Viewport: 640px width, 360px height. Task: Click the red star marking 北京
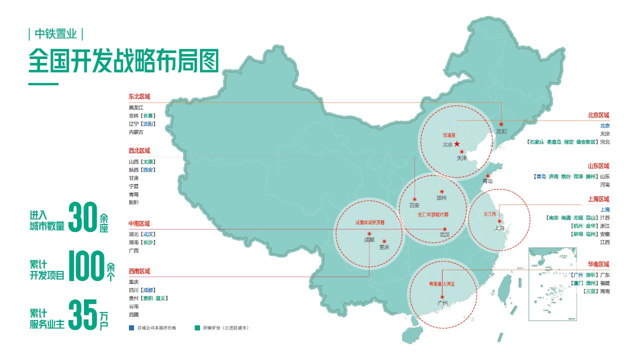pyautogui.click(x=456, y=144)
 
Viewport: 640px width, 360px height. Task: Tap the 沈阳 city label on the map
pyautogui.click(x=501, y=131)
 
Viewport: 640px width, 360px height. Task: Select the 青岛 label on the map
pyautogui.click(x=487, y=181)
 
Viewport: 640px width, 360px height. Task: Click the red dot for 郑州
pyautogui.click(x=441, y=191)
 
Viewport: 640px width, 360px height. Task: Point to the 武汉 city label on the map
pyautogui.click(x=444, y=234)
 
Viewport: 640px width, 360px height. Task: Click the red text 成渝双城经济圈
pyautogui.click(x=370, y=221)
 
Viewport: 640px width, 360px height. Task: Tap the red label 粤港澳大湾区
pyautogui.click(x=442, y=283)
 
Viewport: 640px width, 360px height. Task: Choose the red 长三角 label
pyautogui.click(x=489, y=214)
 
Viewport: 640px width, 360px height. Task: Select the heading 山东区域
pyautogui.click(x=598, y=166)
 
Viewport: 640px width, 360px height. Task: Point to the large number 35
pyautogui.click(x=82, y=314)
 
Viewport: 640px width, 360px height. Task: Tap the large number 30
pyautogui.click(x=82, y=217)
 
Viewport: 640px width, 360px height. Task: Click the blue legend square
pyautogui.click(x=131, y=328)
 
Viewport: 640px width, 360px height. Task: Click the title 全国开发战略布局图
pyautogui.click(x=124, y=61)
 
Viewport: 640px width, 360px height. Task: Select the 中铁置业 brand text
pyautogui.click(x=56, y=34)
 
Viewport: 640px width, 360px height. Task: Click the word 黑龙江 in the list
pyautogui.click(x=136, y=107)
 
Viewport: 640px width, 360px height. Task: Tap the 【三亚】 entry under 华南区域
pyautogui.click(x=590, y=291)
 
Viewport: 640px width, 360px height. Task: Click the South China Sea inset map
pyautogui.click(x=552, y=284)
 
